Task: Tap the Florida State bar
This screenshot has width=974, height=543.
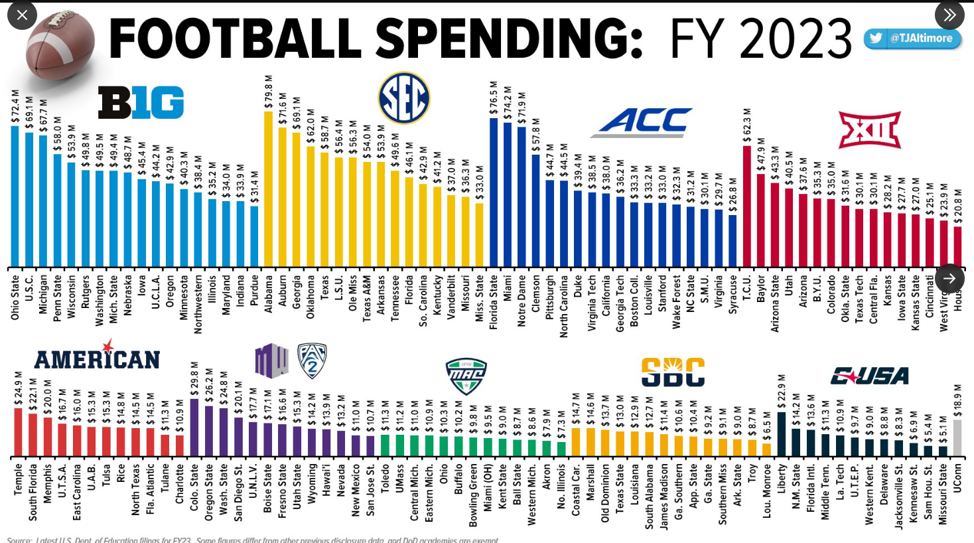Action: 494,193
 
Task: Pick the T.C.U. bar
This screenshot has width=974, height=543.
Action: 747,206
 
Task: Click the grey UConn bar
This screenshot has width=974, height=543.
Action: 957,438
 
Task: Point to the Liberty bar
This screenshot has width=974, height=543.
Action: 782,434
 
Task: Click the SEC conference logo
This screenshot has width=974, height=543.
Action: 404,98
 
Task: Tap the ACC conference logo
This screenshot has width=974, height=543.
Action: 642,122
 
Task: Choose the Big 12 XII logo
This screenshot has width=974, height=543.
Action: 869,129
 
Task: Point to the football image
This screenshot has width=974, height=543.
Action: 60,44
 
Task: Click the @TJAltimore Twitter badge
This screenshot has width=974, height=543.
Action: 913,39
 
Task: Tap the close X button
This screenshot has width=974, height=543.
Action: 22,15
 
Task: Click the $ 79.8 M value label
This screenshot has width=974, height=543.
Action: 269,92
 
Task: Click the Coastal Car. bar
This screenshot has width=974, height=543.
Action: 575,442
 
